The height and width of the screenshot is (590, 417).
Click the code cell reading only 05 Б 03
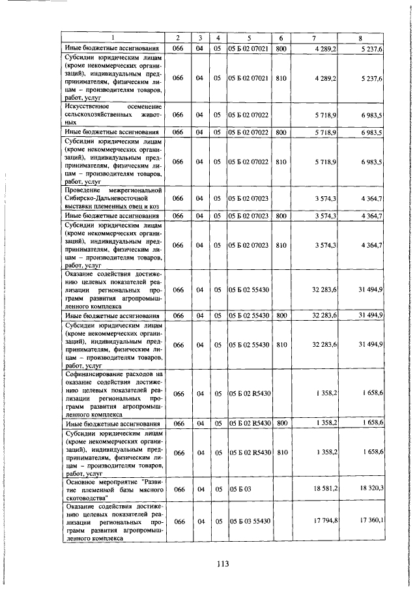240,488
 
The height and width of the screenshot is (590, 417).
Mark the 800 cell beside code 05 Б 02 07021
281,48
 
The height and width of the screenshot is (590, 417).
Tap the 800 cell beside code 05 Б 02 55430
281,316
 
